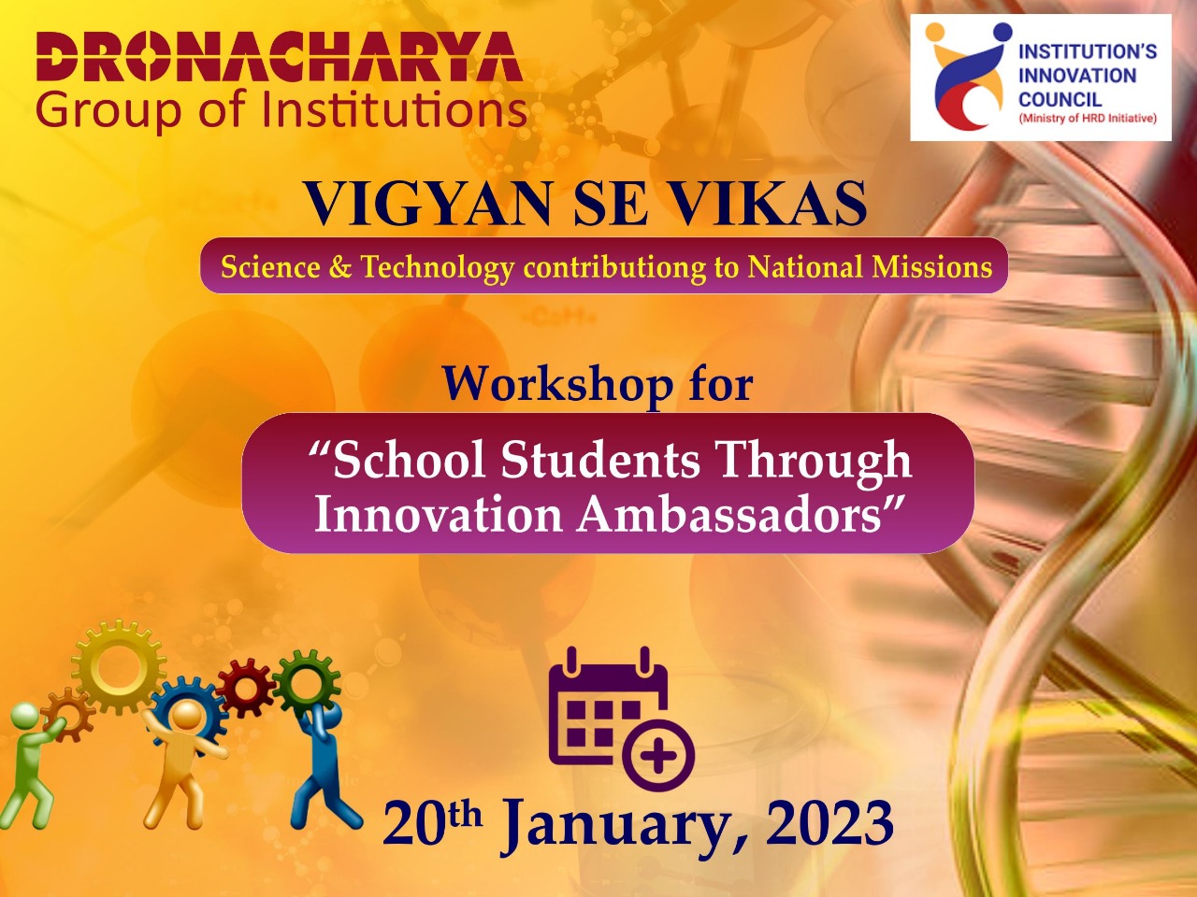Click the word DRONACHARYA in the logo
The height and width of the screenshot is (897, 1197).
click(x=280, y=57)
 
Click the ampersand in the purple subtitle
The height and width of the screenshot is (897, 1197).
click(x=340, y=267)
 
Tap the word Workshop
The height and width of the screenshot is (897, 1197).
click(x=557, y=385)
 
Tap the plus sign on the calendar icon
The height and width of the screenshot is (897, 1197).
click(x=657, y=756)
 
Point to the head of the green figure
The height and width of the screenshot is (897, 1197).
click(x=25, y=716)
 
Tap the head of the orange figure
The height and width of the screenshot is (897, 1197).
click(x=187, y=715)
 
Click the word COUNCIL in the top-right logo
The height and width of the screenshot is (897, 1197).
click(x=1060, y=100)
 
